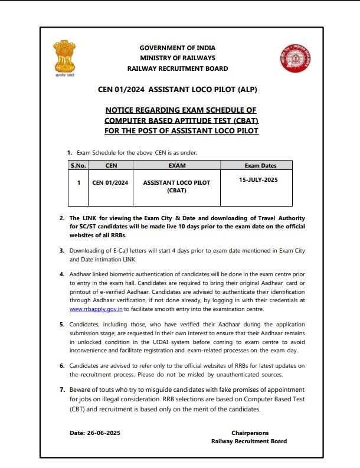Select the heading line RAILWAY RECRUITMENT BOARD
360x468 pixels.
coord(177,68)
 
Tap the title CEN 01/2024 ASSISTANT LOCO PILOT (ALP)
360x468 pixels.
coord(177,90)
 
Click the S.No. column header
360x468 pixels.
coord(78,166)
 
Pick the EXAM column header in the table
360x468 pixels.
coord(176,166)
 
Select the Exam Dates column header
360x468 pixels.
coord(260,166)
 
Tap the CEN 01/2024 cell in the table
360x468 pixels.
coord(110,183)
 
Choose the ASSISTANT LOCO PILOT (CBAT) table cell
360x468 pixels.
coord(176,186)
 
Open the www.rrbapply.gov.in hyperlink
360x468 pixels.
coord(95,309)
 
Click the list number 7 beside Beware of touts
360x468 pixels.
coord(62,390)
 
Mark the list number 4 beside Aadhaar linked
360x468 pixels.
coord(62,274)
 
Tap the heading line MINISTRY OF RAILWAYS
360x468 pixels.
coord(177,58)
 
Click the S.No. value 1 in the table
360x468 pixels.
coord(78,183)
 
